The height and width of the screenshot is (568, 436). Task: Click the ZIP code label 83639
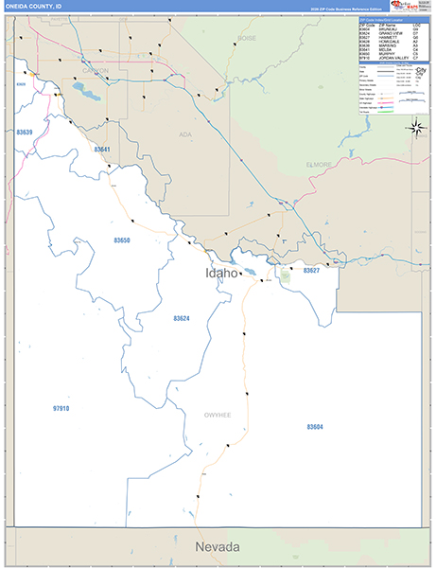(x=25, y=133)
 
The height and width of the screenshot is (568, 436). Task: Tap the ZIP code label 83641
(x=102, y=150)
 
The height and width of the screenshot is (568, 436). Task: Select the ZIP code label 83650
(x=123, y=241)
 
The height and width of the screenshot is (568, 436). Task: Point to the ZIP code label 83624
(x=182, y=318)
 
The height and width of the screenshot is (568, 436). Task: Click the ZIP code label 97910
(x=61, y=408)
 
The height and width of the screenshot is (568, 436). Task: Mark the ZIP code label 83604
(x=315, y=427)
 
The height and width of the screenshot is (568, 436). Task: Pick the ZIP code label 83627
(x=311, y=271)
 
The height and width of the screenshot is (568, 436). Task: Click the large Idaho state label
(x=223, y=273)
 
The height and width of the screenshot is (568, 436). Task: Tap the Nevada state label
(x=218, y=548)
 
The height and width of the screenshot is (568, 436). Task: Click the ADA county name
(x=185, y=135)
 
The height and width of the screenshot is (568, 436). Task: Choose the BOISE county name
(x=247, y=38)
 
